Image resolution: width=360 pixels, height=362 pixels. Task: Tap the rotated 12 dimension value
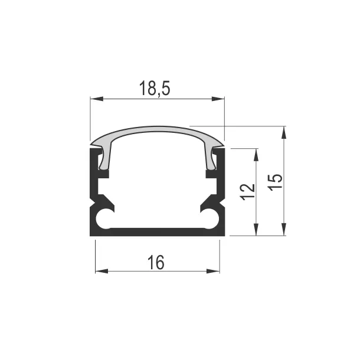coord(248,191)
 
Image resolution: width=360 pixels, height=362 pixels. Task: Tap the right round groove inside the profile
coord(210,218)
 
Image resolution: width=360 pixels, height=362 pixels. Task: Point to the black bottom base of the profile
coord(157,231)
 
